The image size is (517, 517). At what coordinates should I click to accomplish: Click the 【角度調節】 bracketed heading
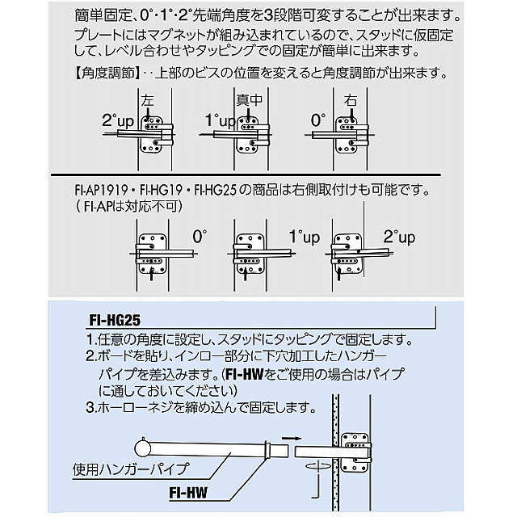point(106,75)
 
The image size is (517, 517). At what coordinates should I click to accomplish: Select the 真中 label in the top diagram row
point(249,101)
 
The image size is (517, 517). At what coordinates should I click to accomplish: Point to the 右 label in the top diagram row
point(349,101)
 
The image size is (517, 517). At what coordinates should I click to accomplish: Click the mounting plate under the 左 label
point(153,135)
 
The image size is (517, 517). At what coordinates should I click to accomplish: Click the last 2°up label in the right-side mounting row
point(398,237)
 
